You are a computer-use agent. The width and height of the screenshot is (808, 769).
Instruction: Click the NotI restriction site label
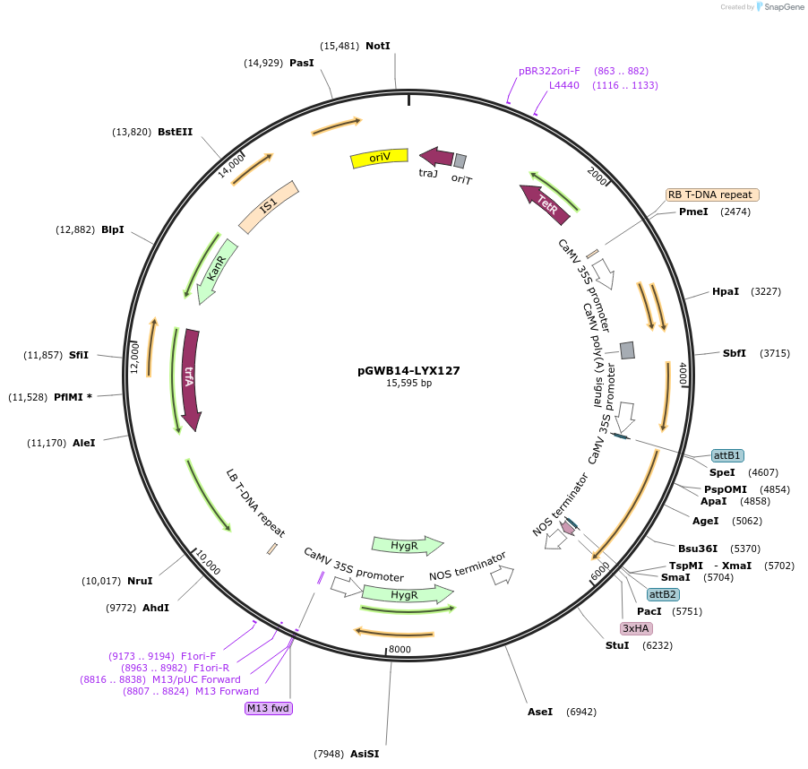click(378, 46)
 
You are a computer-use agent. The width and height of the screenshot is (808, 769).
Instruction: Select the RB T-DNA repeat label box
click(712, 194)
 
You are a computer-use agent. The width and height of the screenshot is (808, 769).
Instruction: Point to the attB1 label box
click(727, 455)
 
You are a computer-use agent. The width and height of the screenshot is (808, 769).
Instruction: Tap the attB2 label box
click(663, 594)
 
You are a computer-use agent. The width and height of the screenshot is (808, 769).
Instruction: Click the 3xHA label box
click(636, 628)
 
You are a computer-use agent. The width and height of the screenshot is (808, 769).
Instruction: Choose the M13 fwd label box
click(269, 708)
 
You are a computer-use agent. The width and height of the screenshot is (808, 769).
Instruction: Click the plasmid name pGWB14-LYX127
click(408, 369)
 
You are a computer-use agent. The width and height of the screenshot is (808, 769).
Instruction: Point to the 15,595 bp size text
click(408, 383)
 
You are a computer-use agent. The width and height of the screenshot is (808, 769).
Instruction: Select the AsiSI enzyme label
click(365, 754)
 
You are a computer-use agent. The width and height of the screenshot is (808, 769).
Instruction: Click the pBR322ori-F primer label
click(549, 71)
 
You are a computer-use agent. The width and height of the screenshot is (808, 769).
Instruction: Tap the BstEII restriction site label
click(176, 132)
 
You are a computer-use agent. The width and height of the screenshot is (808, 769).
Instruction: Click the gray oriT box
click(460, 160)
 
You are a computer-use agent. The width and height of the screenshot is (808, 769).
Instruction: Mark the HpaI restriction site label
click(726, 291)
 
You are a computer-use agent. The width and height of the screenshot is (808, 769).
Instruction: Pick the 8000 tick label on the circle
click(400, 649)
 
